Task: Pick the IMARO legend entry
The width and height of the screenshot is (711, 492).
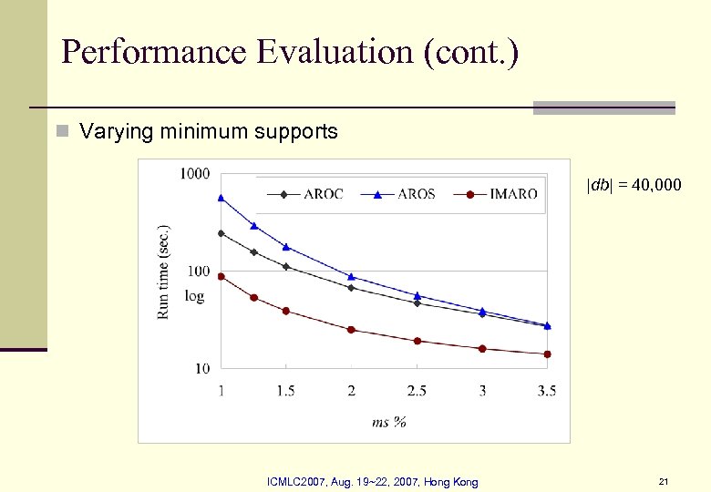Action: [x=500, y=194]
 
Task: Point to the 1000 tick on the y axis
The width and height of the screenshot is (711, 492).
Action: [x=194, y=173]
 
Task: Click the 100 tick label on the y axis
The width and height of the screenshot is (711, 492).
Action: [x=198, y=272]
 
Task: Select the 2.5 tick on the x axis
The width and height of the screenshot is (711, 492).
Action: [x=417, y=391]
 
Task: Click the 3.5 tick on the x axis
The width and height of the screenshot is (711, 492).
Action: [x=547, y=391]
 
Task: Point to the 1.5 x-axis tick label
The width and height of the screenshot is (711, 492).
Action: [x=285, y=391]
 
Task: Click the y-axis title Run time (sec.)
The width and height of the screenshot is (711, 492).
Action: [x=164, y=272]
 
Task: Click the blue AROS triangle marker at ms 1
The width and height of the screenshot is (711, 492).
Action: [x=221, y=198]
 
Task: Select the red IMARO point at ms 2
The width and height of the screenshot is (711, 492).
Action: [x=351, y=330]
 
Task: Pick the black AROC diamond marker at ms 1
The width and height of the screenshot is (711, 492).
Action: [x=221, y=233]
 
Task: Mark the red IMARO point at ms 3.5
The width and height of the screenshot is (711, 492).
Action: [x=547, y=354]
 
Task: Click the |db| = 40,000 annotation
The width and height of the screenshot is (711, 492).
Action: [x=633, y=186]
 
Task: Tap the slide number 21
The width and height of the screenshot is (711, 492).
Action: [x=664, y=481]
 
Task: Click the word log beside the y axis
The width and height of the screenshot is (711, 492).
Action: [x=194, y=296]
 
